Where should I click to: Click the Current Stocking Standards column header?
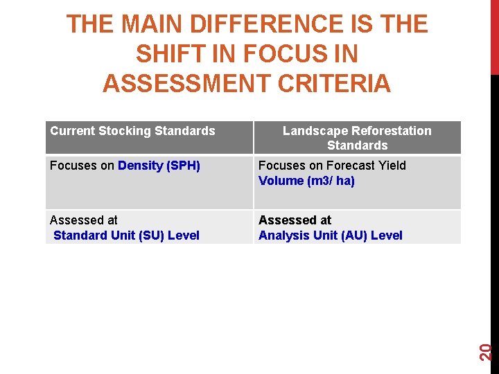(133, 131)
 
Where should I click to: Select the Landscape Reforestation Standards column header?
(357, 138)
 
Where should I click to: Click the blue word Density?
(141, 166)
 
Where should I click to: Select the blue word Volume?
(281, 181)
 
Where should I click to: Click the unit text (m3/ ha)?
(331, 181)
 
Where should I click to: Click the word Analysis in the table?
(281, 235)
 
